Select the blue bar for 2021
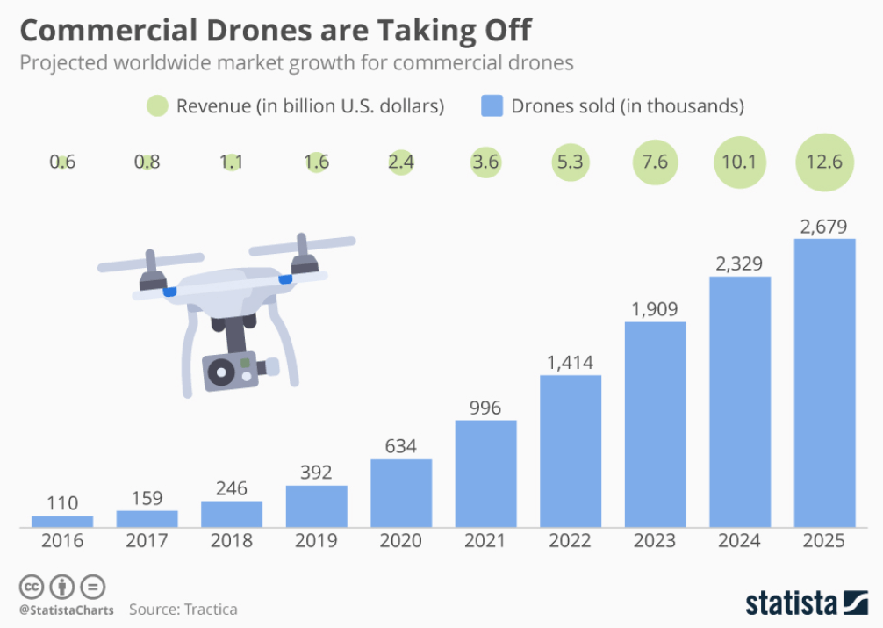[x=485, y=473]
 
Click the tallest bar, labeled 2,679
[x=824, y=382]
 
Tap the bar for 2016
[x=62, y=521]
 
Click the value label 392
[x=316, y=472]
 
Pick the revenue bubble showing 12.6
[x=824, y=162]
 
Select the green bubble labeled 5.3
[x=570, y=162]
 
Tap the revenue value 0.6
[x=61, y=162]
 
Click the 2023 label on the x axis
[x=655, y=541]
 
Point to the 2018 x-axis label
[x=232, y=541]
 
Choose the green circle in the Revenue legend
[x=158, y=107]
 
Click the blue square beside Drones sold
[x=492, y=107]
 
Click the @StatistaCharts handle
[x=66, y=609]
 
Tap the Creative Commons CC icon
[x=31, y=586]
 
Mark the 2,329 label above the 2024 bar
[x=739, y=263]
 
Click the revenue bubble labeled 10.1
[x=739, y=162]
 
